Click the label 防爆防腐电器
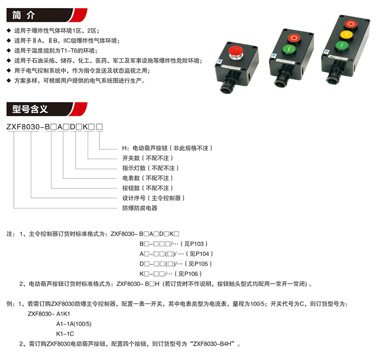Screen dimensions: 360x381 [140, 208]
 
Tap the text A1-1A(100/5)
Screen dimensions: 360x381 [74, 324]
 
